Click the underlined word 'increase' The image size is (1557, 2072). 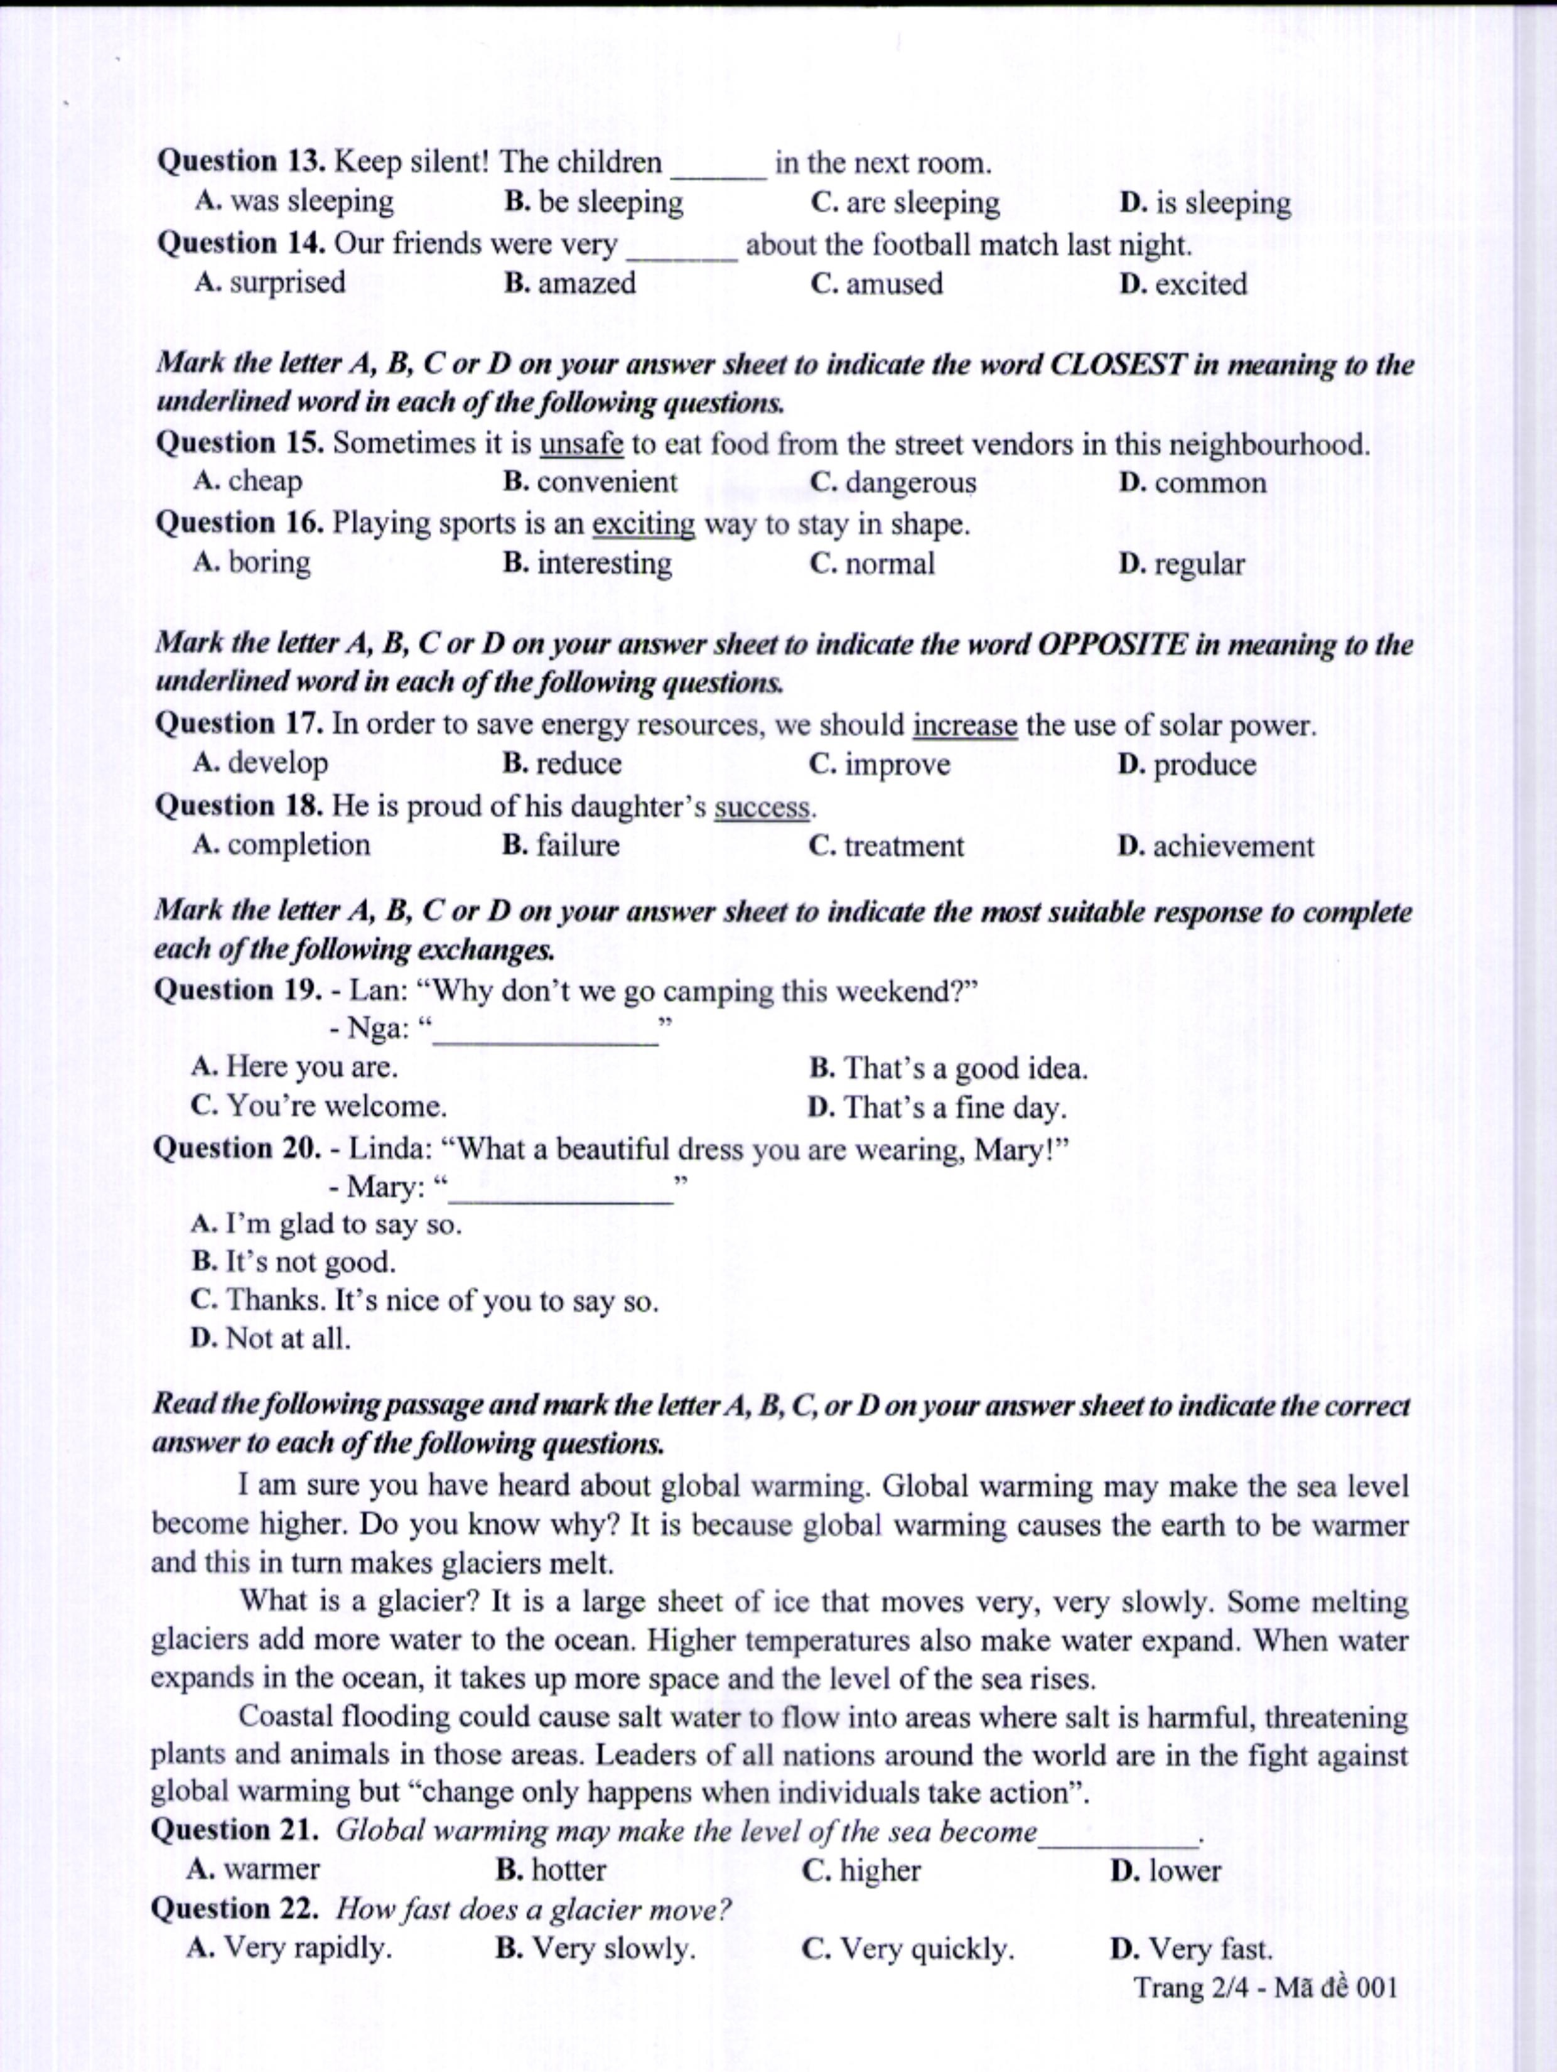[965, 725]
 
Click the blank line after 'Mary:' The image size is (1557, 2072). [562, 1190]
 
